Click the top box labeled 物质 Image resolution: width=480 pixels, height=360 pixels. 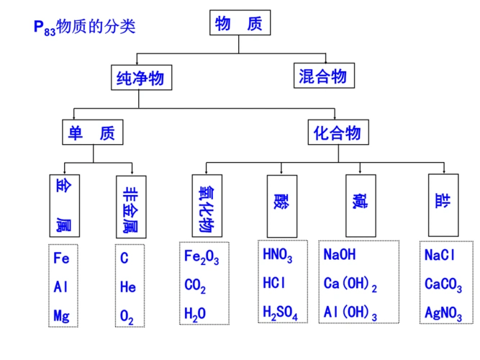point(239,23)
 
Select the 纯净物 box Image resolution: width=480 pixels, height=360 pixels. point(140,77)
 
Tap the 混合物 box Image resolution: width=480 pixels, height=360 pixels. point(322,76)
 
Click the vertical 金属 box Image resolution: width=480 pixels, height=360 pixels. point(63,206)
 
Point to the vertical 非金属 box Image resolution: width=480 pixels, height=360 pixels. point(130,206)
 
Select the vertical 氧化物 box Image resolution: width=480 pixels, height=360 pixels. point(207,206)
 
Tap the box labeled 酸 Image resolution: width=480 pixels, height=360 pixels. point(279,206)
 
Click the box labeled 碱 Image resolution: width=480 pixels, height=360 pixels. point(359,206)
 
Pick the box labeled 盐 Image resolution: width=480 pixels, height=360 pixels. point(442,206)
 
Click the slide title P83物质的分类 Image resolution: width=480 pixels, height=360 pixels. point(84,27)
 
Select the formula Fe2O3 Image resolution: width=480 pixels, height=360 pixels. point(201,258)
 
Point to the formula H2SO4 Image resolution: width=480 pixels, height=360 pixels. point(281,312)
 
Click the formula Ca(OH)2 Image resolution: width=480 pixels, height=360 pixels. point(350,285)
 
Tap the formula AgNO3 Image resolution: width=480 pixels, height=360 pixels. point(443,313)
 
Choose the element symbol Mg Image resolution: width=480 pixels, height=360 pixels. point(62,315)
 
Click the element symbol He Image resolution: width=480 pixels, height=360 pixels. point(128,287)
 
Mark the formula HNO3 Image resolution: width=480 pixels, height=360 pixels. point(278,255)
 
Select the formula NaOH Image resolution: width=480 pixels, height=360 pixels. point(340,255)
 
